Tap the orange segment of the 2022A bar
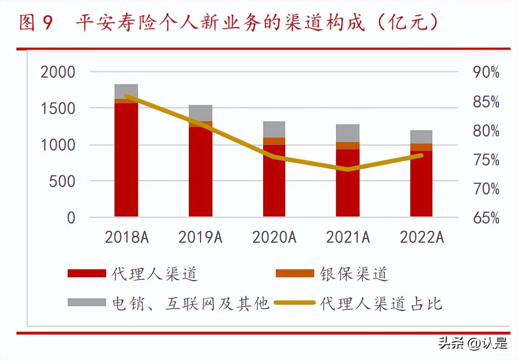(x=421, y=147)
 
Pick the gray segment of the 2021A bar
(x=347, y=133)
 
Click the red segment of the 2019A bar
(x=200, y=171)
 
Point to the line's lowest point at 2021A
(x=347, y=169)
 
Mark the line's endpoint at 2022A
(x=421, y=155)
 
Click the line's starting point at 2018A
(x=127, y=96)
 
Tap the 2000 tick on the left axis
(x=58, y=72)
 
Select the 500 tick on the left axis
(x=62, y=181)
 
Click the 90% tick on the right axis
(x=486, y=72)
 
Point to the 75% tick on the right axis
(x=486, y=160)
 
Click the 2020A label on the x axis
(x=274, y=237)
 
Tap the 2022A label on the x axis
(x=422, y=237)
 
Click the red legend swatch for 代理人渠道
(x=87, y=274)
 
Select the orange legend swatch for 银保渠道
(x=295, y=274)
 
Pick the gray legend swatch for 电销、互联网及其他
(x=87, y=302)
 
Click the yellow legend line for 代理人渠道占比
(x=295, y=303)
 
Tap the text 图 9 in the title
(x=36, y=22)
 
